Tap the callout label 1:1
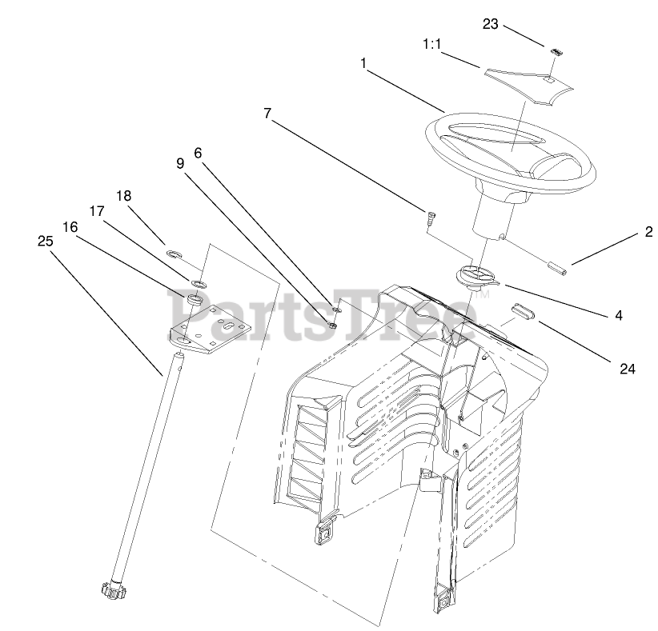tap(432, 46)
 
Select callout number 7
tap(267, 114)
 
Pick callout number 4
tap(618, 316)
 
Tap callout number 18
tap(123, 195)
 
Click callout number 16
tap(70, 226)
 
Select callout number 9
tap(181, 162)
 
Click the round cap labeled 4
tap(476, 277)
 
